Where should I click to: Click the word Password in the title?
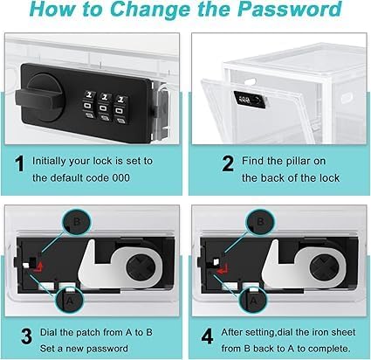click(x=290, y=10)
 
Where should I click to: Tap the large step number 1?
click(x=19, y=164)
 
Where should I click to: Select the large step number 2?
click(x=228, y=164)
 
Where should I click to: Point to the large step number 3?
click(x=26, y=336)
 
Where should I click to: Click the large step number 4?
click(x=207, y=336)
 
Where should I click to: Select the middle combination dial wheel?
click(x=104, y=107)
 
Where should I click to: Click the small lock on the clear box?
click(x=250, y=100)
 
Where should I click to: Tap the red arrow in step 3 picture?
click(x=38, y=267)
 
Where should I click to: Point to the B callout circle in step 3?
click(x=77, y=222)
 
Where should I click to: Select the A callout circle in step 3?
click(x=70, y=300)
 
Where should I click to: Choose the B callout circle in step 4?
click(x=260, y=222)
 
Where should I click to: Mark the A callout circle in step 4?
click(x=253, y=300)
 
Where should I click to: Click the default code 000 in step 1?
click(x=120, y=177)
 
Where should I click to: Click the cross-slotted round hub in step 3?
click(x=141, y=267)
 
